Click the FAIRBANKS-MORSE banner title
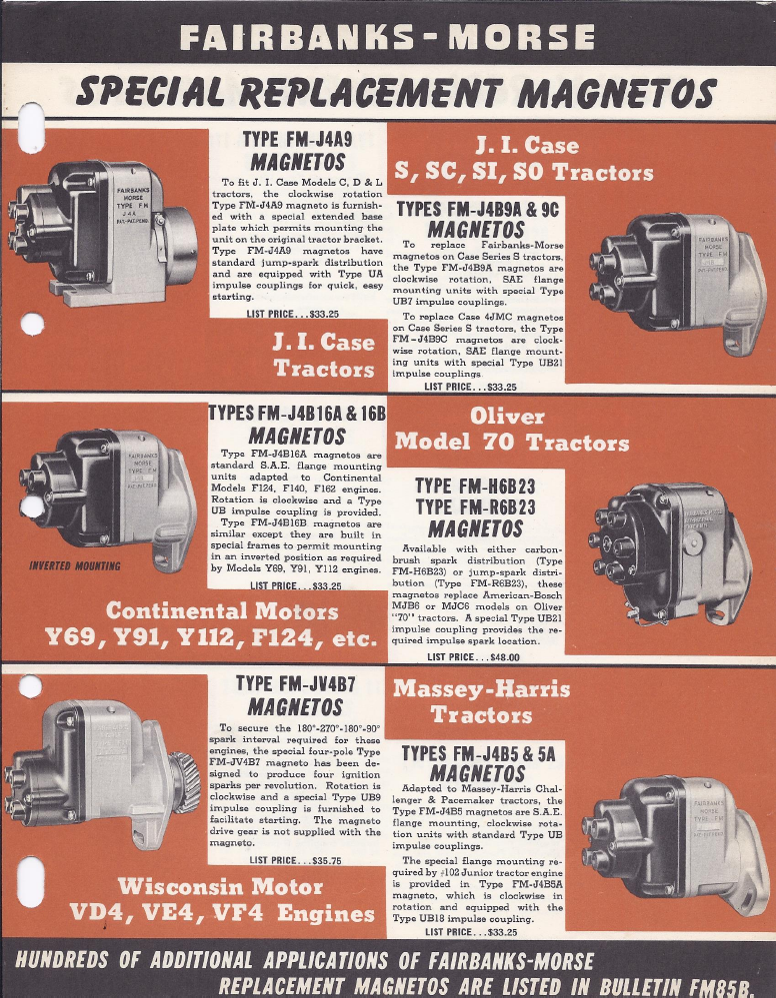click(387, 37)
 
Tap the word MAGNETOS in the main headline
click(616, 93)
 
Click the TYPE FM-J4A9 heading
click(298, 139)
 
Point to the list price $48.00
click(473, 657)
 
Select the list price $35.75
click(296, 860)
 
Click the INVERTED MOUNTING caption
click(75, 565)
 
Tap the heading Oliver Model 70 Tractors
click(512, 430)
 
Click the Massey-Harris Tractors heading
click(482, 702)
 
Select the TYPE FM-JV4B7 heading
click(296, 683)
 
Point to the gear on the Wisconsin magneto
click(185, 781)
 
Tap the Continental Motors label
click(222, 611)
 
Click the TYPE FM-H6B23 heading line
click(475, 487)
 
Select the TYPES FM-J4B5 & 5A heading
click(478, 754)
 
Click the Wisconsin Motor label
click(220, 886)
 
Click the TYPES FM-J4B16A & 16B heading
click(297, 413)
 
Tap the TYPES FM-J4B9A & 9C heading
click(477, 210)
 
